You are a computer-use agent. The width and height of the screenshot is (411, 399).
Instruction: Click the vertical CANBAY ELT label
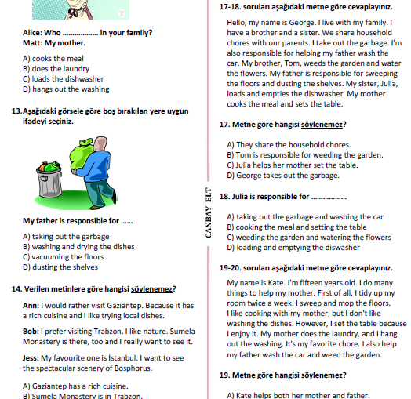pos(209,212)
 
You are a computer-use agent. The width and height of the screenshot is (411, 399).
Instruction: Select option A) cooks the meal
pos(53,59)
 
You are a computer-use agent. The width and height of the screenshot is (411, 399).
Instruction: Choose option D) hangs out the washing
pos(66,89)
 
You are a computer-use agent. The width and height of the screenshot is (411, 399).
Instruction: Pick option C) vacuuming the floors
pos(64,257)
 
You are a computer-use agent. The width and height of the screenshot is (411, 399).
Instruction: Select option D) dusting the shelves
pos(60,267)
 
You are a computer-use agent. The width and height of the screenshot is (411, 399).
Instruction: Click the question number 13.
pos(16,111)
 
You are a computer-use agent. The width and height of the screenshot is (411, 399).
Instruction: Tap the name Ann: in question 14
pos(31,306)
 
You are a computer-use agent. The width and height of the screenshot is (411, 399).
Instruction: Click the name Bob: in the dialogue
pos(31,332)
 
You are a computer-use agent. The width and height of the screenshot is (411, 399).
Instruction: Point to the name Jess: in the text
pos(31,358)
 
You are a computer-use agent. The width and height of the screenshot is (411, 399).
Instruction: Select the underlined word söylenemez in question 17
pos(322,125)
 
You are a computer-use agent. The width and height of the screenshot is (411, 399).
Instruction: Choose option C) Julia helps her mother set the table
pos(293,165)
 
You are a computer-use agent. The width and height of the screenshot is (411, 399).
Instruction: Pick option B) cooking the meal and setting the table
pos(296,227)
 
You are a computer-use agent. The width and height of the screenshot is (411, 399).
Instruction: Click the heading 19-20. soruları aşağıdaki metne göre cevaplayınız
pos(306,268)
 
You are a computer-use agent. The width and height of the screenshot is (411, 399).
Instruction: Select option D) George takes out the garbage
pos(283,176)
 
